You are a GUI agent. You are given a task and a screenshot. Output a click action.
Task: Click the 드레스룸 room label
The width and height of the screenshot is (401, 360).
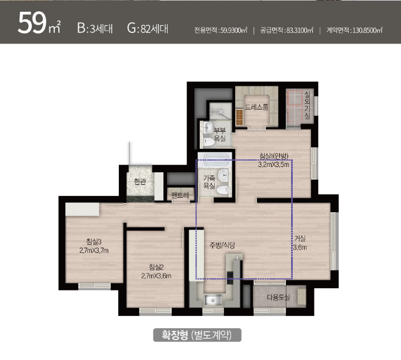click(x=256, y=106)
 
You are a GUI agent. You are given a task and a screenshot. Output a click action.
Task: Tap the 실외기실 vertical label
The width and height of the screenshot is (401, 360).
click(x=307, y=105)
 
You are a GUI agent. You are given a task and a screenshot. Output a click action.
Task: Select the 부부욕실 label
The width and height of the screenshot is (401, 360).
click(x=219, y=135)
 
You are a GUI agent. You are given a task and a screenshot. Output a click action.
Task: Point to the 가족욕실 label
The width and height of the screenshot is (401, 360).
click(x=209, y=182)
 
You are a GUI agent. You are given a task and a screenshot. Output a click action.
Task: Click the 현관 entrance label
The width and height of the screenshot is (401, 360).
click(x=140, y=181)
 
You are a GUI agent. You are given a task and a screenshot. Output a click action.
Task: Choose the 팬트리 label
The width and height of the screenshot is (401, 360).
click(x=180, y=195)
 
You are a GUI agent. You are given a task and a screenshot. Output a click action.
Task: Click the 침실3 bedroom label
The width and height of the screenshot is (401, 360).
click(x=94, y=241)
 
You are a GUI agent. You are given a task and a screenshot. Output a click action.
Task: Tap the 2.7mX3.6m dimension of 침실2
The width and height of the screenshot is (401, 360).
click(x=156, y=276)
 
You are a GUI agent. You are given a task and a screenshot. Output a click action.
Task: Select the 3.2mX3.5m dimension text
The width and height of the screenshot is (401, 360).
click(x=273, y=164)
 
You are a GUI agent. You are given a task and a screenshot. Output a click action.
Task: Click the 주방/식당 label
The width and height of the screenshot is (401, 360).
click(x=222, y=245)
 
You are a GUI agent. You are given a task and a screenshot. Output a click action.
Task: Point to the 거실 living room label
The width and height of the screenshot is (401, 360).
click(x=300, y=238)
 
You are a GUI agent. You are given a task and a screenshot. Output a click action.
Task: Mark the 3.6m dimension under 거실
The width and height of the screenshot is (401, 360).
click(x=300, y=248)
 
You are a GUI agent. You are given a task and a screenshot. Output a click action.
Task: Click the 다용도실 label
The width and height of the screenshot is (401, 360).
click(x=278, y=297)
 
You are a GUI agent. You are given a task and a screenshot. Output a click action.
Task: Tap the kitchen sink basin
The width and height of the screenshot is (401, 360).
click(x=212, y=300)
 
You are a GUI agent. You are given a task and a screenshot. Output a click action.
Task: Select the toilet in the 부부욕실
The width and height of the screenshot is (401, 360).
click(x=208, y=142)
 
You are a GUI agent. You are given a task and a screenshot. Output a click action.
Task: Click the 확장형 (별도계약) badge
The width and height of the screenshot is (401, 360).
click(x=197, y=335)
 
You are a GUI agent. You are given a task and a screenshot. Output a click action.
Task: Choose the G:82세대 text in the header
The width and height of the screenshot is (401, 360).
click(x=148, y=28)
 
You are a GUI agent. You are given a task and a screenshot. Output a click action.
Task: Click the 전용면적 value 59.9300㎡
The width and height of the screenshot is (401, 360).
click(x=234, y=31)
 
